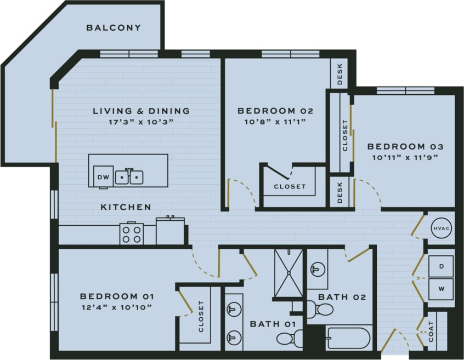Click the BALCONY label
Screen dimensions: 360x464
click(114, 27)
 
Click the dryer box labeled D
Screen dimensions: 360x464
click(442, 266)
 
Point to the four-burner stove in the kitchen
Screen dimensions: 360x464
click(132, 234)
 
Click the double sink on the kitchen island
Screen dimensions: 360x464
click(129, 177)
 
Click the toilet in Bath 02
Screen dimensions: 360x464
click(321, 310)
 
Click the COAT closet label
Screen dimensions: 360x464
click(431, 332)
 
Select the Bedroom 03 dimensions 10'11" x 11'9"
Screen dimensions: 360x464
click(405, 158)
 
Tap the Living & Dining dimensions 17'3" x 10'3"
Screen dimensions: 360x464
click(141, 122)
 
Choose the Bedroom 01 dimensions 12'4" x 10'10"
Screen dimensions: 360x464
click(116, 307)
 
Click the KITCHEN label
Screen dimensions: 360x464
click(126, 207)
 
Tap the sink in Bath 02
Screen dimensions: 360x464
click(316, 269)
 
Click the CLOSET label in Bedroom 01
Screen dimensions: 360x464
click(201, 317)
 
